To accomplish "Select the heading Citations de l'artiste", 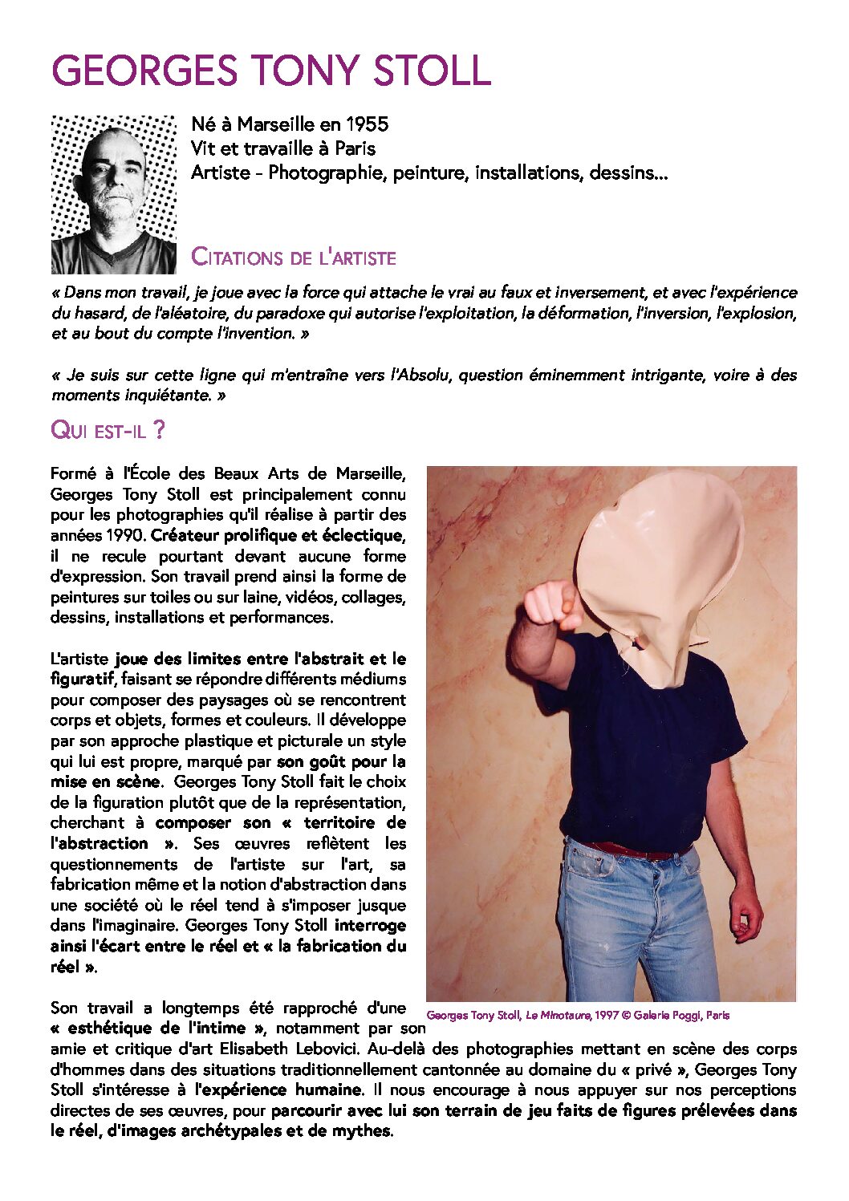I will [294, 258].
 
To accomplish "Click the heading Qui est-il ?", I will [108, 430].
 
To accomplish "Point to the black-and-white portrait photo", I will [113, 195].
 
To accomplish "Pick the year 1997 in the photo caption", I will [607, 1016].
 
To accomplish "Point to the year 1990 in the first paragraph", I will [129, 535].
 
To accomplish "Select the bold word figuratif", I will [83, 680].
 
